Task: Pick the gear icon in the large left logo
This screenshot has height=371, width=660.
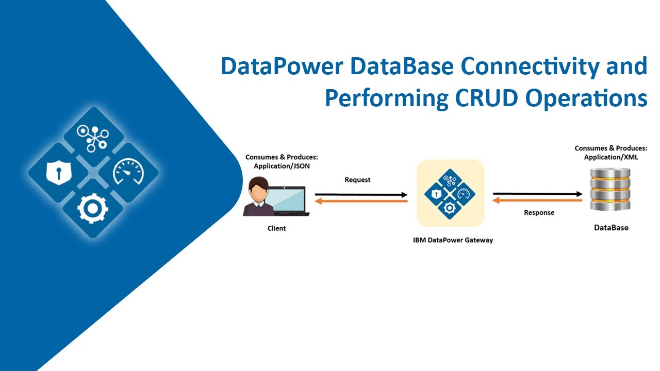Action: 93,209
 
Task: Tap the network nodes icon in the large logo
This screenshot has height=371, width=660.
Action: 93,137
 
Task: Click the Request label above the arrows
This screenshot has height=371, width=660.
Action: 357,180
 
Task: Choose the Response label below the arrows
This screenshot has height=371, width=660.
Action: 539,212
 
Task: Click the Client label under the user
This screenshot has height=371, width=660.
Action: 276,228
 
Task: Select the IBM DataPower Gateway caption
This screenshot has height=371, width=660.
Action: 453,240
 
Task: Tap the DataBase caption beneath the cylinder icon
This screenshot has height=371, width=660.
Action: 610,227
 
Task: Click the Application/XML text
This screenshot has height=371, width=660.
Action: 610,157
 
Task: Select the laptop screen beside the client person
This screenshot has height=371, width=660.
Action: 289,199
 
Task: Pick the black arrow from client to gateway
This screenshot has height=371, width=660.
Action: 361,195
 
